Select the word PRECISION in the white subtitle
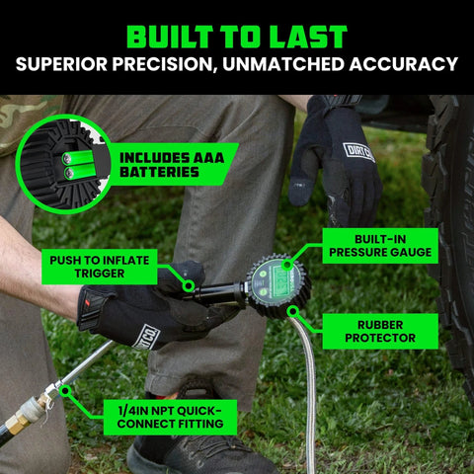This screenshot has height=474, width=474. coord(163,64)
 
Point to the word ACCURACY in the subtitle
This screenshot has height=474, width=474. coord(404,64)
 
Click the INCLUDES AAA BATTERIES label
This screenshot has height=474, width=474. coord(172,165)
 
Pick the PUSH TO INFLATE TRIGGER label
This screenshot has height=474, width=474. coord(100,267)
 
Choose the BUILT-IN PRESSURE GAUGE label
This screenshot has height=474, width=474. coord(380,246)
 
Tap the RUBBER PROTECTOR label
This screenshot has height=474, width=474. coord(380,331)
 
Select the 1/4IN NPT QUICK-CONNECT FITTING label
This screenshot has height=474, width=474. coord(170,417)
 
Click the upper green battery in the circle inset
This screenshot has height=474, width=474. coord(79,158)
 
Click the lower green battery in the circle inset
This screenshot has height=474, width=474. coord(81,172)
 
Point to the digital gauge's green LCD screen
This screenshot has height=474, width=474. coord(281,279)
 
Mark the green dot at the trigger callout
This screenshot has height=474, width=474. coord(189,285)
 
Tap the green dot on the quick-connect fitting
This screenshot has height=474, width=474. coord(65,391)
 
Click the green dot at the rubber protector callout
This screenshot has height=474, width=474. coord(292,310)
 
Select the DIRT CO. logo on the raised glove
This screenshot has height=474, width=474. coord(359,152)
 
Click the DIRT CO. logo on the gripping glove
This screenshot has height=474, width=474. coord(147,336)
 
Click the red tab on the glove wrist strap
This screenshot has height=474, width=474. coord(88,301)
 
